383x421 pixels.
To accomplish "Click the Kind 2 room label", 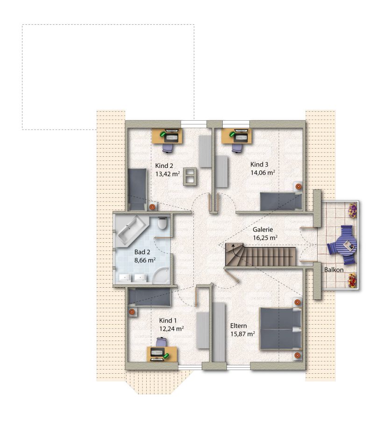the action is point(164,166).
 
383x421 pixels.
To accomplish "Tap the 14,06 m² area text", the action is point(262,173).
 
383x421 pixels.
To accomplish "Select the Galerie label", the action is point(262,230).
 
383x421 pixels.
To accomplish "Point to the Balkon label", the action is point(333,270).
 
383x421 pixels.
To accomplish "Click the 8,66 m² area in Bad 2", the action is point(145,260).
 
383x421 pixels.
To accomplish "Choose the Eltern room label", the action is point(239,326).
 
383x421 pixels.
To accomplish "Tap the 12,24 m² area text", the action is point(171,329).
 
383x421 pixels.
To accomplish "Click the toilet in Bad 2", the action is point(163,223).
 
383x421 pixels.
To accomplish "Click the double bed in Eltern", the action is point(281,329).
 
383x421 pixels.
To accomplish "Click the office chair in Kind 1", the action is point(162,342).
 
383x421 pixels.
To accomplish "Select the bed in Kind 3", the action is point(281,201).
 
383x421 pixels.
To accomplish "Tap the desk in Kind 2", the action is point(167,136).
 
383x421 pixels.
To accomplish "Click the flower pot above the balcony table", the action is point(353,210).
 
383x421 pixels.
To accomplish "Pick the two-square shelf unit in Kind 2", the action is point(190,176).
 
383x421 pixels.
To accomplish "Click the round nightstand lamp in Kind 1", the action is point(132,312).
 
